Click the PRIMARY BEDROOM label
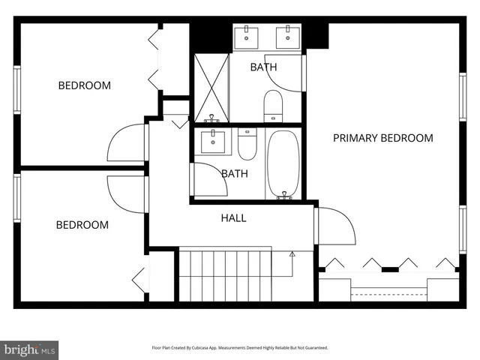(383, 138)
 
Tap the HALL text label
(233, 218)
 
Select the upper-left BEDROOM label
(84, 85)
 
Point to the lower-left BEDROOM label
(82, 225)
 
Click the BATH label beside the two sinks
(262, 67)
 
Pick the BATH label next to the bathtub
(234, 173)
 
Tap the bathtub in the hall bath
(283, 164)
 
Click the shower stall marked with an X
(211, 87)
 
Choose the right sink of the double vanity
(286, 36)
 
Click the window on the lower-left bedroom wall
(16, 198)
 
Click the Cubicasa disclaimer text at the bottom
(240, 348)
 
